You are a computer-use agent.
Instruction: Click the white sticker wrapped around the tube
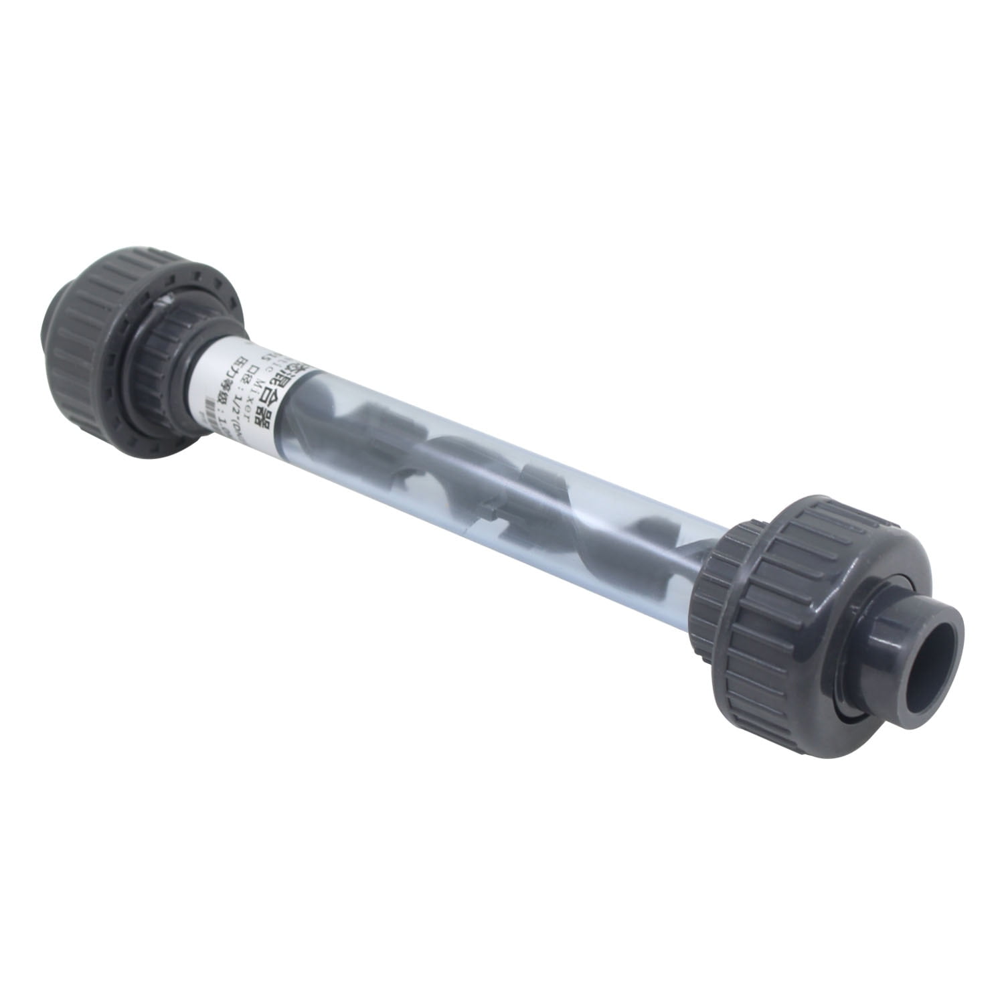pos(248,395)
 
